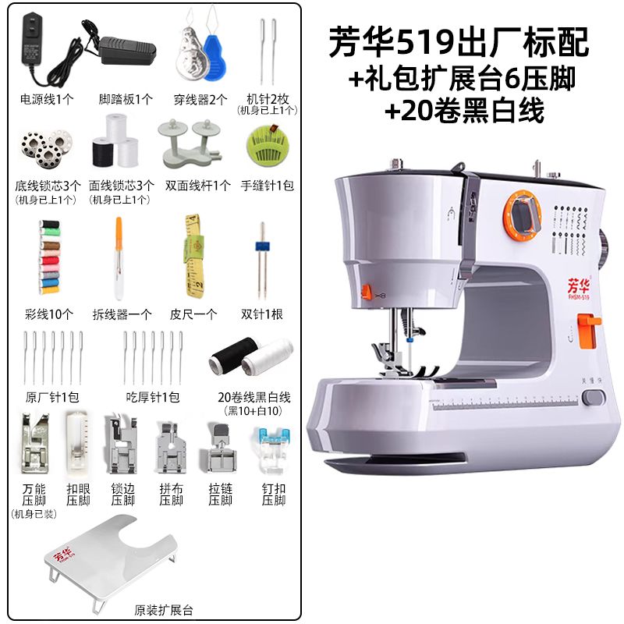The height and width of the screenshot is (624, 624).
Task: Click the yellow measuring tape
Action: point(193,256)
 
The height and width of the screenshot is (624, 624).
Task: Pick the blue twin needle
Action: point(261,260)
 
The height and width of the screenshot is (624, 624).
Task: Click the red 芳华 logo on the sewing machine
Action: point(579,285)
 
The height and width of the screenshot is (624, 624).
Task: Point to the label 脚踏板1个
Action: point(126,99)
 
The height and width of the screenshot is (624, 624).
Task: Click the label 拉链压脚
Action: point(220,494)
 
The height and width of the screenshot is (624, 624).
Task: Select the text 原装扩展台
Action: point(164,610)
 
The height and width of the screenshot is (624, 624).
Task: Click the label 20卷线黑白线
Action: point(254,397)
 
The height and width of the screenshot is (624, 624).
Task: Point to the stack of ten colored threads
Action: point(49,257)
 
